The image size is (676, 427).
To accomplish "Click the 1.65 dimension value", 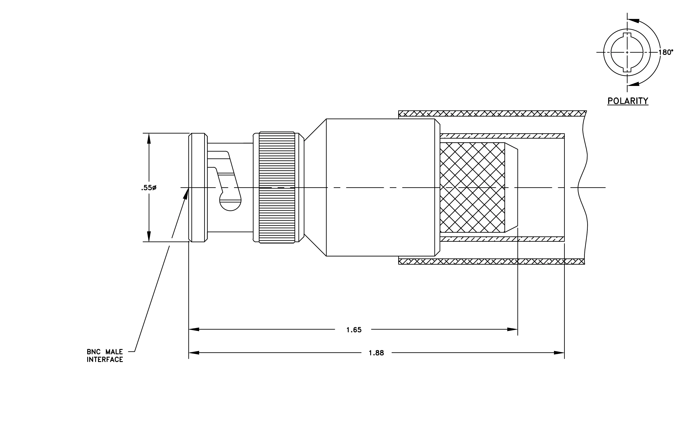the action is coord(354,330).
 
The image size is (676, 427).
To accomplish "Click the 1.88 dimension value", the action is coord(376,353).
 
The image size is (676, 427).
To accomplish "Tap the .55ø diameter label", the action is coord(149,188).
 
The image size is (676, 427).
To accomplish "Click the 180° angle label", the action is coord(666,52).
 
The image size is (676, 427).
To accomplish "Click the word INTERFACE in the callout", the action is coord(105,360).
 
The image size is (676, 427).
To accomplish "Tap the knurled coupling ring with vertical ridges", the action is coord(277,187).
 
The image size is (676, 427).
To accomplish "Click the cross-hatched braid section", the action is coord(472,188).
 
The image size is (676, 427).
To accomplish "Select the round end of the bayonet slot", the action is coord(230,203).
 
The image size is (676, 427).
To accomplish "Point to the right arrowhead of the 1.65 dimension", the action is coord(512,329).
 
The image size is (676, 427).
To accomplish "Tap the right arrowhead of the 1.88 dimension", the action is coord(559,353).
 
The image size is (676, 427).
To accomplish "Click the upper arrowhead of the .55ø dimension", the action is coord(149,138).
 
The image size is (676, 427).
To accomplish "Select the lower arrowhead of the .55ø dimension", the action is coord(149,236).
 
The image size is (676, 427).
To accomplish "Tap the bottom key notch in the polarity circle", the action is coord(627,70).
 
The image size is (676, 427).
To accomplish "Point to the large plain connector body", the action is coord(381,187).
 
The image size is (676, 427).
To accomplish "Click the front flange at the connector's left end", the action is coord(198,187).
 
